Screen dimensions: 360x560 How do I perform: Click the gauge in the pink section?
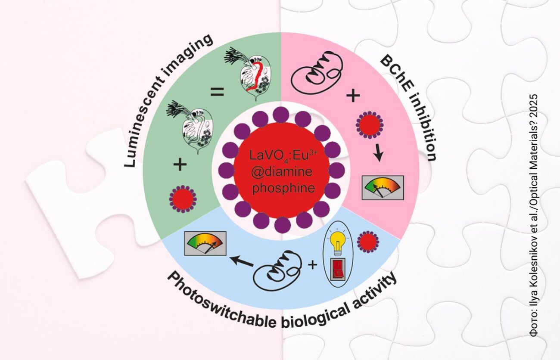pos(383,187)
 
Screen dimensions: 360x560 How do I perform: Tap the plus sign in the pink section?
pos(353,96)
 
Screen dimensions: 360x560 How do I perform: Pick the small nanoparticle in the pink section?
pos(369,125)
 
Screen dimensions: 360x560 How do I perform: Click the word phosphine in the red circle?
pos(281,188)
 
